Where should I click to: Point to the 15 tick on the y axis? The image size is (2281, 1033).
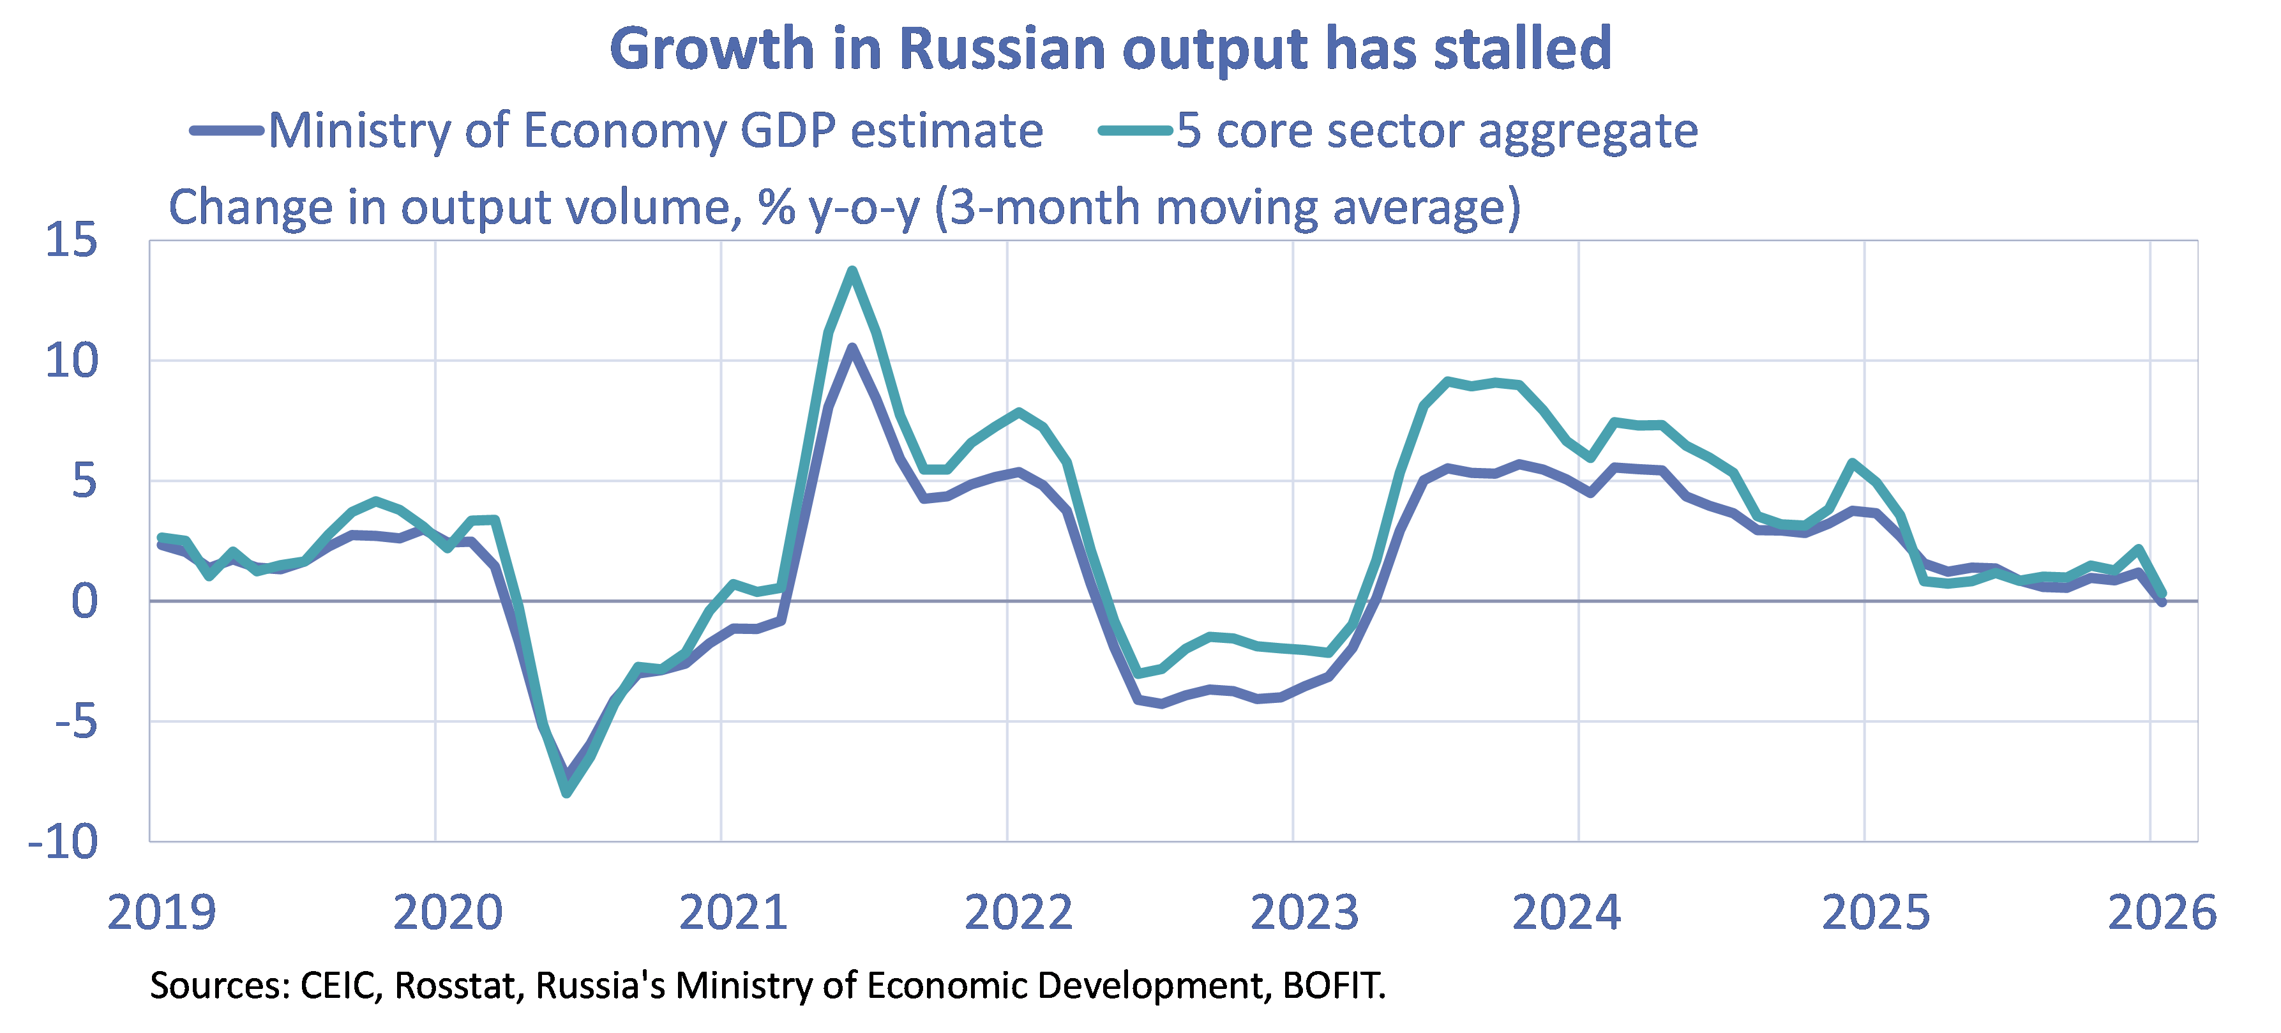tap(71, 240)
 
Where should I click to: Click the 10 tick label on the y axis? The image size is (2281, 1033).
tap(71, 361)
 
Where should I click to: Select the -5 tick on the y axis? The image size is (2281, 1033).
tap(75, 722)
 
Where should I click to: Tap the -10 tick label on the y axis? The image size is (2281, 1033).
tap(64, 842)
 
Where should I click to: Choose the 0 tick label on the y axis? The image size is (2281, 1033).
tap(84, 602)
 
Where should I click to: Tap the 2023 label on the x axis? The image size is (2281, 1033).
tap(1304, 912)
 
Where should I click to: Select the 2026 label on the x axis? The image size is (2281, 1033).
tap(2162, 912)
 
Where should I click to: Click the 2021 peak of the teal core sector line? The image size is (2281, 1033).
tap(852, 270)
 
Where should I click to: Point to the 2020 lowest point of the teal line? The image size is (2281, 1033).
tap(567, 793)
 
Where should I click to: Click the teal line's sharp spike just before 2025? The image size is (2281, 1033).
tap(1853, 462)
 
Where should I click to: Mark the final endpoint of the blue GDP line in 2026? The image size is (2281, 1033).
tap(2162, 603)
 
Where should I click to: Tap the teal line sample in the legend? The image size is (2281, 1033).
tap(1136, 131)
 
